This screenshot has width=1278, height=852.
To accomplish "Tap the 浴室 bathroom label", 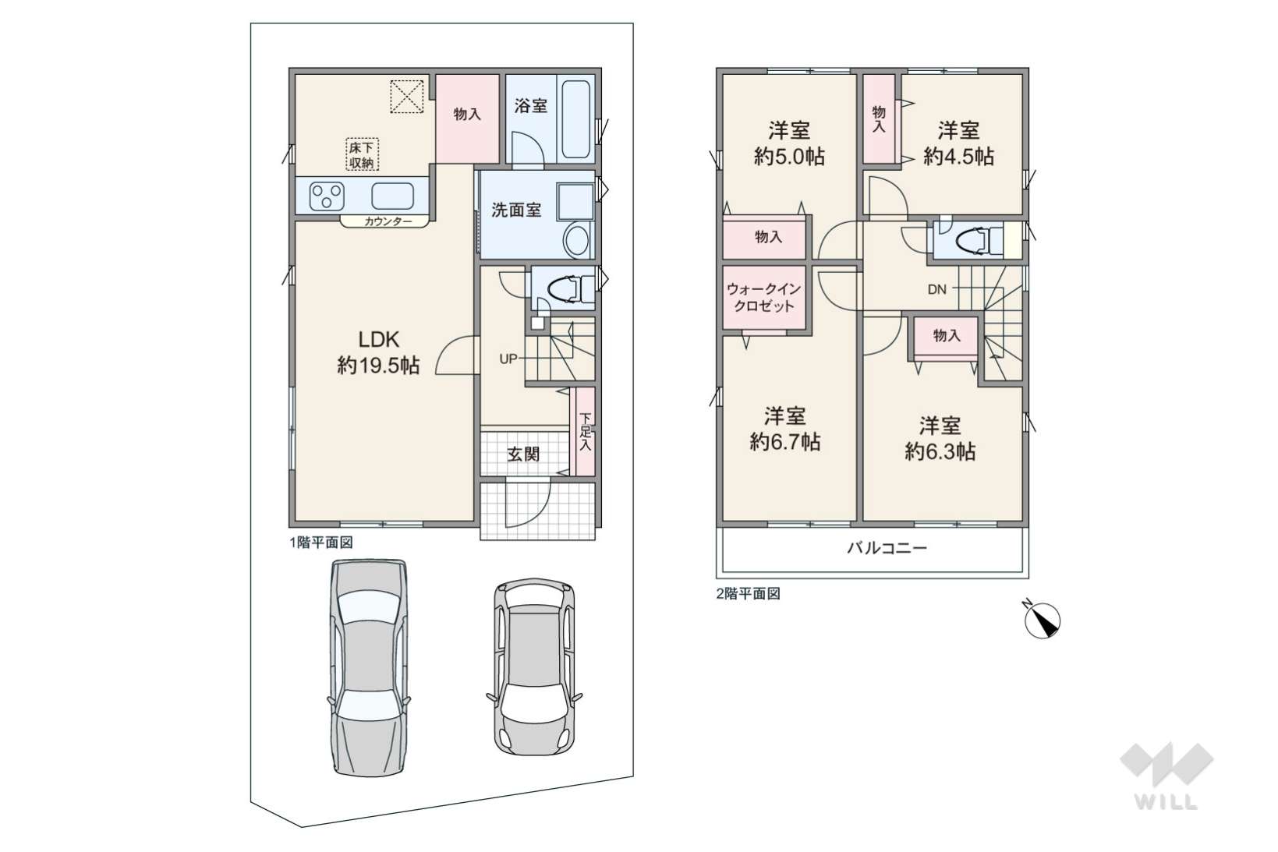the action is click(x=530, y=105).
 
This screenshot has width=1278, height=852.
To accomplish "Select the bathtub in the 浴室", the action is click(x=575, y=119).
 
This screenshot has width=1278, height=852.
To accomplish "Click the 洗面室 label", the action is click(x=516, y=210).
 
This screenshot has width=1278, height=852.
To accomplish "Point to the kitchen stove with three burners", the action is click(x=327, y=196).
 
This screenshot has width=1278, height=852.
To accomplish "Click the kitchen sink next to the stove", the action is click(x=392, y=196).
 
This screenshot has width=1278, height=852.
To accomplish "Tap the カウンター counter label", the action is click(x=388, y=222).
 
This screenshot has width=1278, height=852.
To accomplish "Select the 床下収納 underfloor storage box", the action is click(x=363, y=154).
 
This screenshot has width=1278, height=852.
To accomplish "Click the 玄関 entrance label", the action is click(x=523, y=454).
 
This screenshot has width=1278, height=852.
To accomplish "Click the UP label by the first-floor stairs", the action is click(x=508, y=359).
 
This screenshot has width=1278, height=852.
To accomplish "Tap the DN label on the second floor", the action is click(x=936, y=290).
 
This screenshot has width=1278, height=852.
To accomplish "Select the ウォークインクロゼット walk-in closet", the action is click(x=764, y=298).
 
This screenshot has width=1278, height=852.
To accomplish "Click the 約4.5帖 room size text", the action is click(x=958, y=156).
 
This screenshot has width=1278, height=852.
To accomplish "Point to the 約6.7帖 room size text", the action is click(x=785, y=442).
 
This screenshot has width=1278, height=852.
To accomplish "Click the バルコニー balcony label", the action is click(x=887, y=548).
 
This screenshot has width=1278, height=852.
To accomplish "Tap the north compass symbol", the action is click(x=1042, y=620).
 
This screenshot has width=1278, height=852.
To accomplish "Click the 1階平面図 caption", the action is click(x=321, y=543).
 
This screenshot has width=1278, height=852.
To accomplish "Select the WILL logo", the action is click(x=1166, y=776).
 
